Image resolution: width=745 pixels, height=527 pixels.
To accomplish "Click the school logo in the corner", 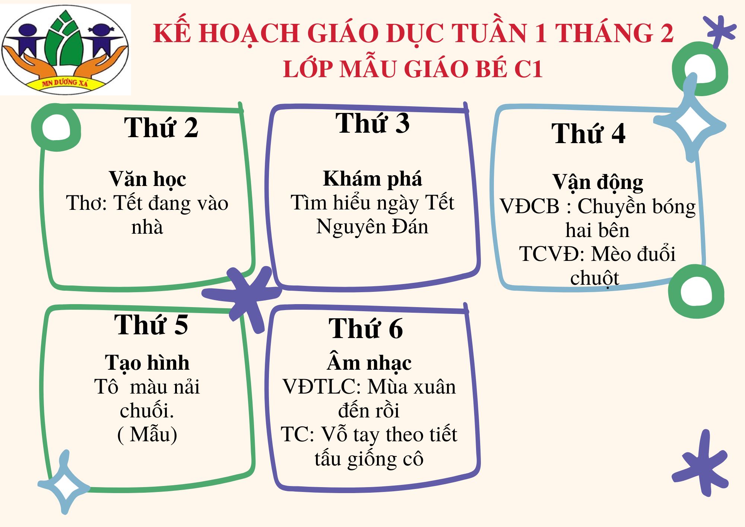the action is point(65,50).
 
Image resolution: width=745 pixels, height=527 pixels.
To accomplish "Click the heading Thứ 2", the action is point(161,128).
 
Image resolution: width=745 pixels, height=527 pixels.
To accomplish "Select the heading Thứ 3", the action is point(372,123).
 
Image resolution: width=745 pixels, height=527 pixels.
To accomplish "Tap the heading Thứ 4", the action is point(588,133).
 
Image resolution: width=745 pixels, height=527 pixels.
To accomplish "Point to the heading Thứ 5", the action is point(151,325).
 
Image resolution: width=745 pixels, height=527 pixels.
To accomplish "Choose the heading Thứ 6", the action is point(365,329).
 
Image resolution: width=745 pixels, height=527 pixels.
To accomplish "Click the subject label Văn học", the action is point(148,180).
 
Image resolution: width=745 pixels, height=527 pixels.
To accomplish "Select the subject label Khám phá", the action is point(372,179).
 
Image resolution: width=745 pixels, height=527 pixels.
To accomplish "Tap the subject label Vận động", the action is point(597,183).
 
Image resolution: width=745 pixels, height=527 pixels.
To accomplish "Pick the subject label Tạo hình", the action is point(147,363).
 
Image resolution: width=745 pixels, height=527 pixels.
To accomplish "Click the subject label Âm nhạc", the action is point(369,362).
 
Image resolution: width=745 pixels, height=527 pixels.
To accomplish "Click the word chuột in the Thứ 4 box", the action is point(595,278).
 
